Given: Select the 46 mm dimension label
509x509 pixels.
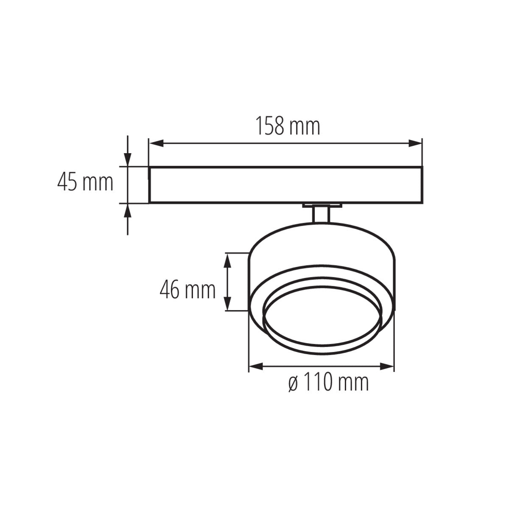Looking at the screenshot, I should pos(188,291).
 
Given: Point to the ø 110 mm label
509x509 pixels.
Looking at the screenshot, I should pos(328,383).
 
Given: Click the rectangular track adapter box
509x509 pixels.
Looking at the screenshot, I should pos(285,185).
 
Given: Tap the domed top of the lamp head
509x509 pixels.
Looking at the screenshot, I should pos(322,238).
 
